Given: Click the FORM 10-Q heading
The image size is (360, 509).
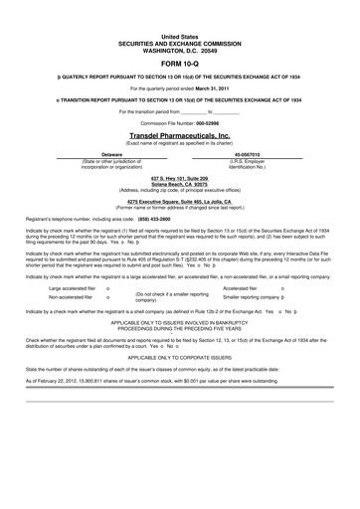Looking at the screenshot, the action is pos(179,61).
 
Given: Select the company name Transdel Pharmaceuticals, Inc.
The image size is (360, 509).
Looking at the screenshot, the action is pos(179,137).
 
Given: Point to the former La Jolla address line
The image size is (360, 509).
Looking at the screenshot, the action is pos(179,203).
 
